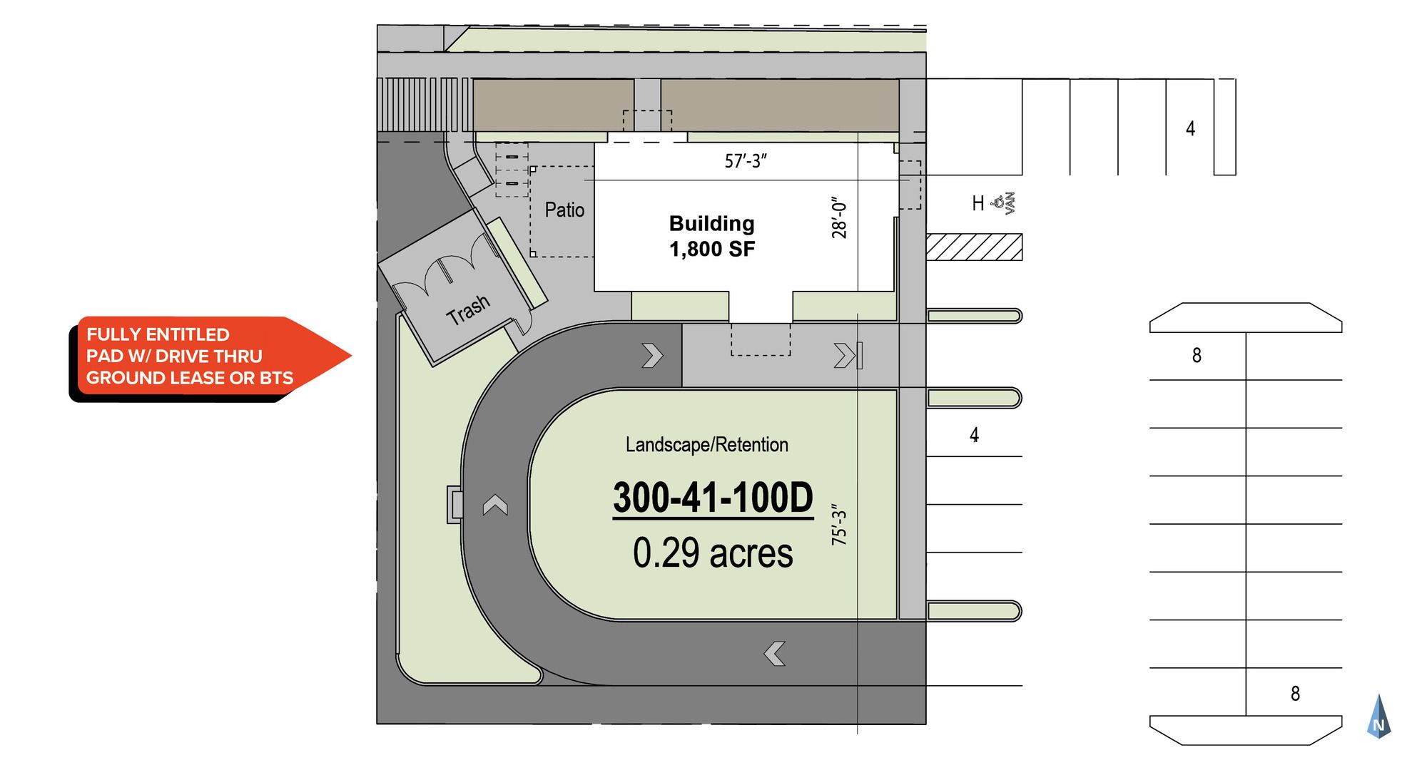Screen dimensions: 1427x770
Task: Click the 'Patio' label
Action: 564,210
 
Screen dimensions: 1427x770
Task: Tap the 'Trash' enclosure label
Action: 468,310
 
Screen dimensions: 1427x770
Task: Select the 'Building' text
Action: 711,223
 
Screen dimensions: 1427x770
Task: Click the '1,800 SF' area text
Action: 711,249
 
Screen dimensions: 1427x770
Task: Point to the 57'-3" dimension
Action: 746,161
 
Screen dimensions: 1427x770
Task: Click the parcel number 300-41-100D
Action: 713,497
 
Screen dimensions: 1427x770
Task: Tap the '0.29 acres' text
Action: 713,553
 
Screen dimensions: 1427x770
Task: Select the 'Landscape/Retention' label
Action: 707,445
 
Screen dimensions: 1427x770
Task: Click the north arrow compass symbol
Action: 1378,716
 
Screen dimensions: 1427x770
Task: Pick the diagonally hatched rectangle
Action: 974,247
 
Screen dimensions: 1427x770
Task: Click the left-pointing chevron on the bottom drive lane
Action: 775,653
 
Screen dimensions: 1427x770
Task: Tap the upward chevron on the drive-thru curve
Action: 495,505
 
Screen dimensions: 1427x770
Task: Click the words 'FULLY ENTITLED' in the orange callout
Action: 158,334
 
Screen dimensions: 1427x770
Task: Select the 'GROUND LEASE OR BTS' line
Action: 190,378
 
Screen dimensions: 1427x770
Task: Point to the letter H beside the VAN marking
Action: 978,204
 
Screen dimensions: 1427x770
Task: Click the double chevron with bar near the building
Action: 848,355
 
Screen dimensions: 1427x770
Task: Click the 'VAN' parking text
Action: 1010,204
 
